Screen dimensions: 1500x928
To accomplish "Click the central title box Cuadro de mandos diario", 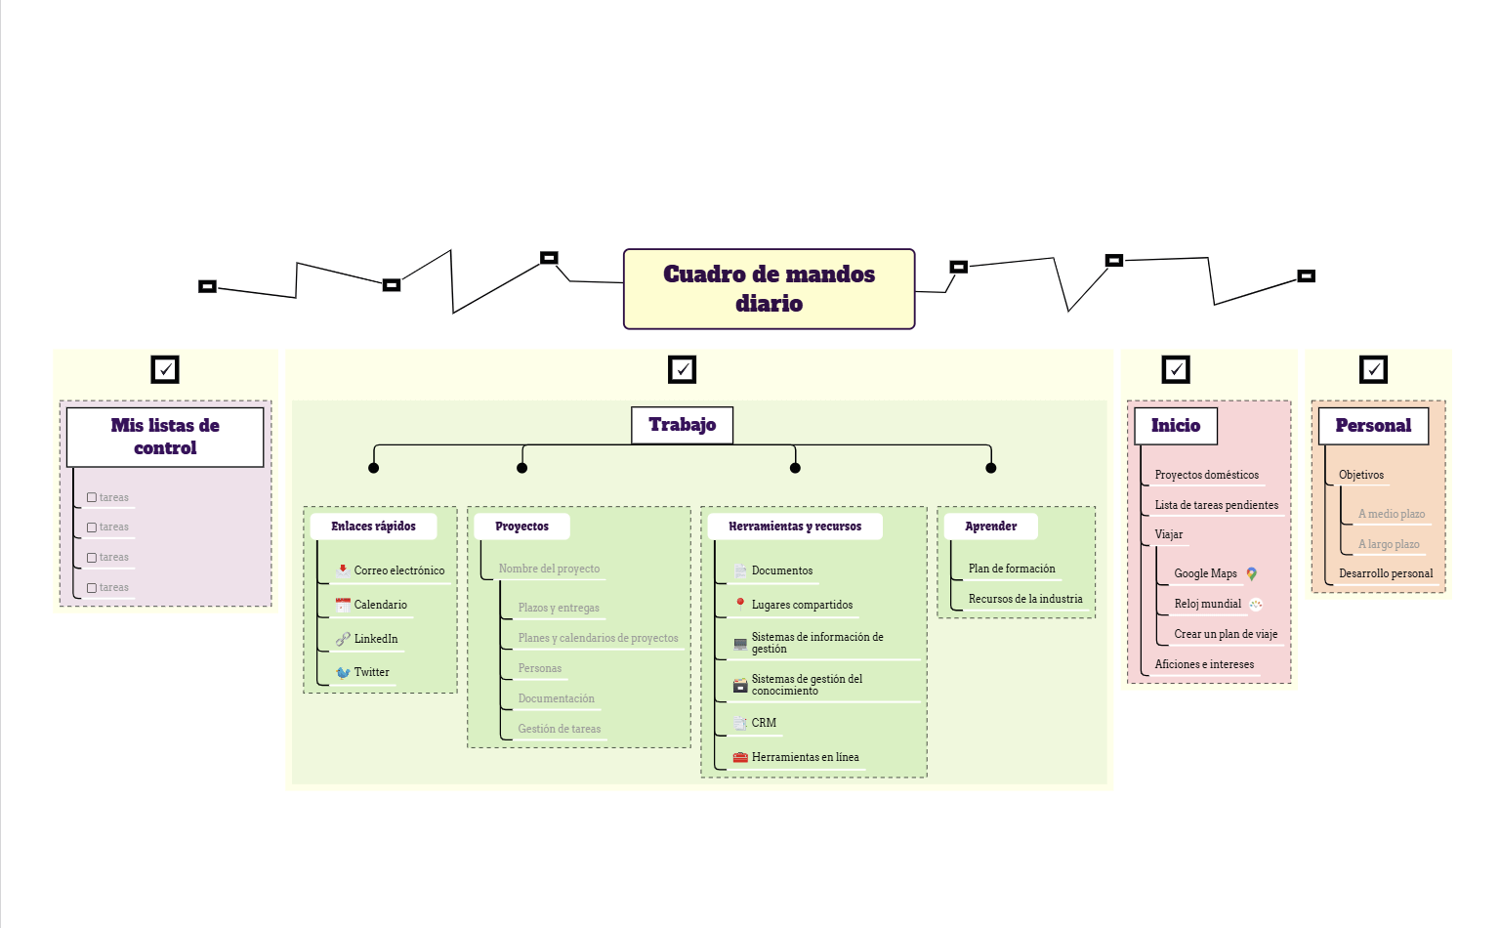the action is click(769, 289).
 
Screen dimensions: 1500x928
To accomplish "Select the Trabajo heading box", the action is click(682, 425).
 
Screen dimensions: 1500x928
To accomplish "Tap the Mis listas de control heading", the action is click(165, 437).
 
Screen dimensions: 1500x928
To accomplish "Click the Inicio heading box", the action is click(1175, 426).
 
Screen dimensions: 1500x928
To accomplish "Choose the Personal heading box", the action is click(1373, 426).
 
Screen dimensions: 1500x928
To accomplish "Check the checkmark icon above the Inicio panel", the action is click(1176, 369).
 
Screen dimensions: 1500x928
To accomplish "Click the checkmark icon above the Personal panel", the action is click(1373, 369).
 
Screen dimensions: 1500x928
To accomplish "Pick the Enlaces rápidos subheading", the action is click(373, 526).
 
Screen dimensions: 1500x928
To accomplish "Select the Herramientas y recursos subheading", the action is click(795, 526).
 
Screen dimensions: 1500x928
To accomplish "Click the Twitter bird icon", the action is click(343, 672).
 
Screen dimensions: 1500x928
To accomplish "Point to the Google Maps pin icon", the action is click(1251, 573).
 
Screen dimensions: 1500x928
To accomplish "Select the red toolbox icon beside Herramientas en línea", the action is click(740, 757).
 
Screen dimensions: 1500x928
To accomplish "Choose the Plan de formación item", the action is click(1012, 569).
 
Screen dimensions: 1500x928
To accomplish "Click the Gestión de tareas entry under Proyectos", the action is click(560, 729).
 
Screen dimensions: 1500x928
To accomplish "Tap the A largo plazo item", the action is click(1389, 544).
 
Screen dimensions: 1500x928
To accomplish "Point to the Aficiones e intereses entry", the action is click(1204, 664).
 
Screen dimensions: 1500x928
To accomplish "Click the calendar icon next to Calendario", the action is click(343, 605).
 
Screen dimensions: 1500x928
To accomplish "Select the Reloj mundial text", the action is click(1207, 604).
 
